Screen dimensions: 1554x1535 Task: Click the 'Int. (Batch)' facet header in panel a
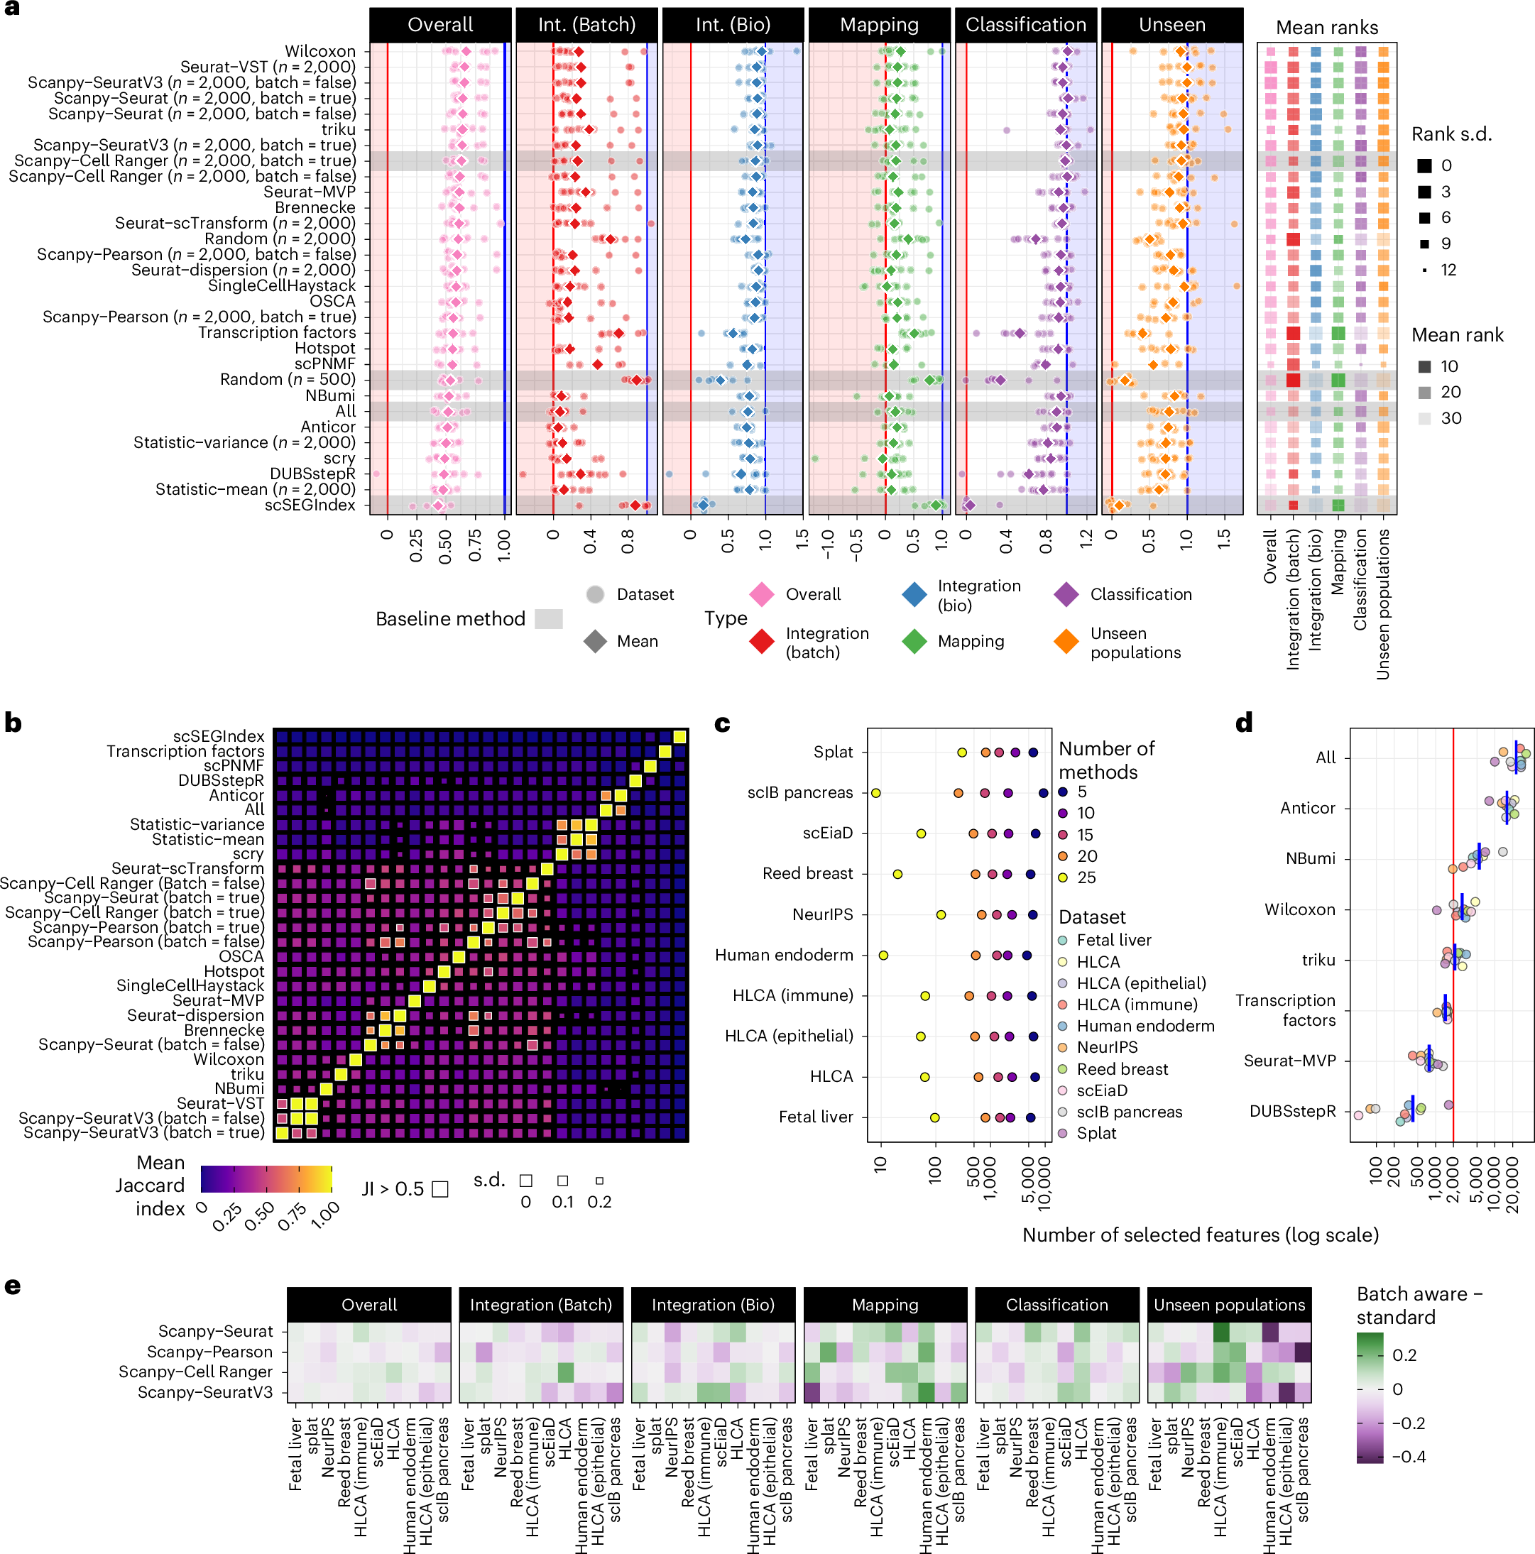(x=586, y=25)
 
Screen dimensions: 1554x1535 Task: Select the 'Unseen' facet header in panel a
(x=1171, y=25)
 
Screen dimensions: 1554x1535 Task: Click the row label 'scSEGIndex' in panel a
(x=310, y=505)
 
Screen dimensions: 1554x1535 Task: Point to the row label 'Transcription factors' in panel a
(x=277, y=332)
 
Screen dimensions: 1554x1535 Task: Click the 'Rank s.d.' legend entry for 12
(x=1425, y=270)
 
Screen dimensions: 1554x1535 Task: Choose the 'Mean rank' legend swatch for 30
(x=1425, y=418)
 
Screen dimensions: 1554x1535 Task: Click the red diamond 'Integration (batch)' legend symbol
(x=761, y=642)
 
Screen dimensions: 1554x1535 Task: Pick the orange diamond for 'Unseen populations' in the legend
(x=1066, y=642)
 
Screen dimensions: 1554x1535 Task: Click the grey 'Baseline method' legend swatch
(x=549, y=618)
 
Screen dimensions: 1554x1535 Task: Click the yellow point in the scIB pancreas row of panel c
(x=875, y=793)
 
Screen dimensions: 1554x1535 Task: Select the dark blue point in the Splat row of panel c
(x=1033, y=752)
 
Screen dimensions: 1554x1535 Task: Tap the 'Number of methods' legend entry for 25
(x=1063, y=877)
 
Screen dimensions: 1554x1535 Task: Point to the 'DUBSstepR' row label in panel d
(x=1292, y=1111)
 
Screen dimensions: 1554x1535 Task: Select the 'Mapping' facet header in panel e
(x=885, y=1305)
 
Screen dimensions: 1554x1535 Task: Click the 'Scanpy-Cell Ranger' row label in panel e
(x=195, y=1372)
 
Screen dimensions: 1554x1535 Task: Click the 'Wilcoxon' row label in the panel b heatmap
(x=229, y=1059)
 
